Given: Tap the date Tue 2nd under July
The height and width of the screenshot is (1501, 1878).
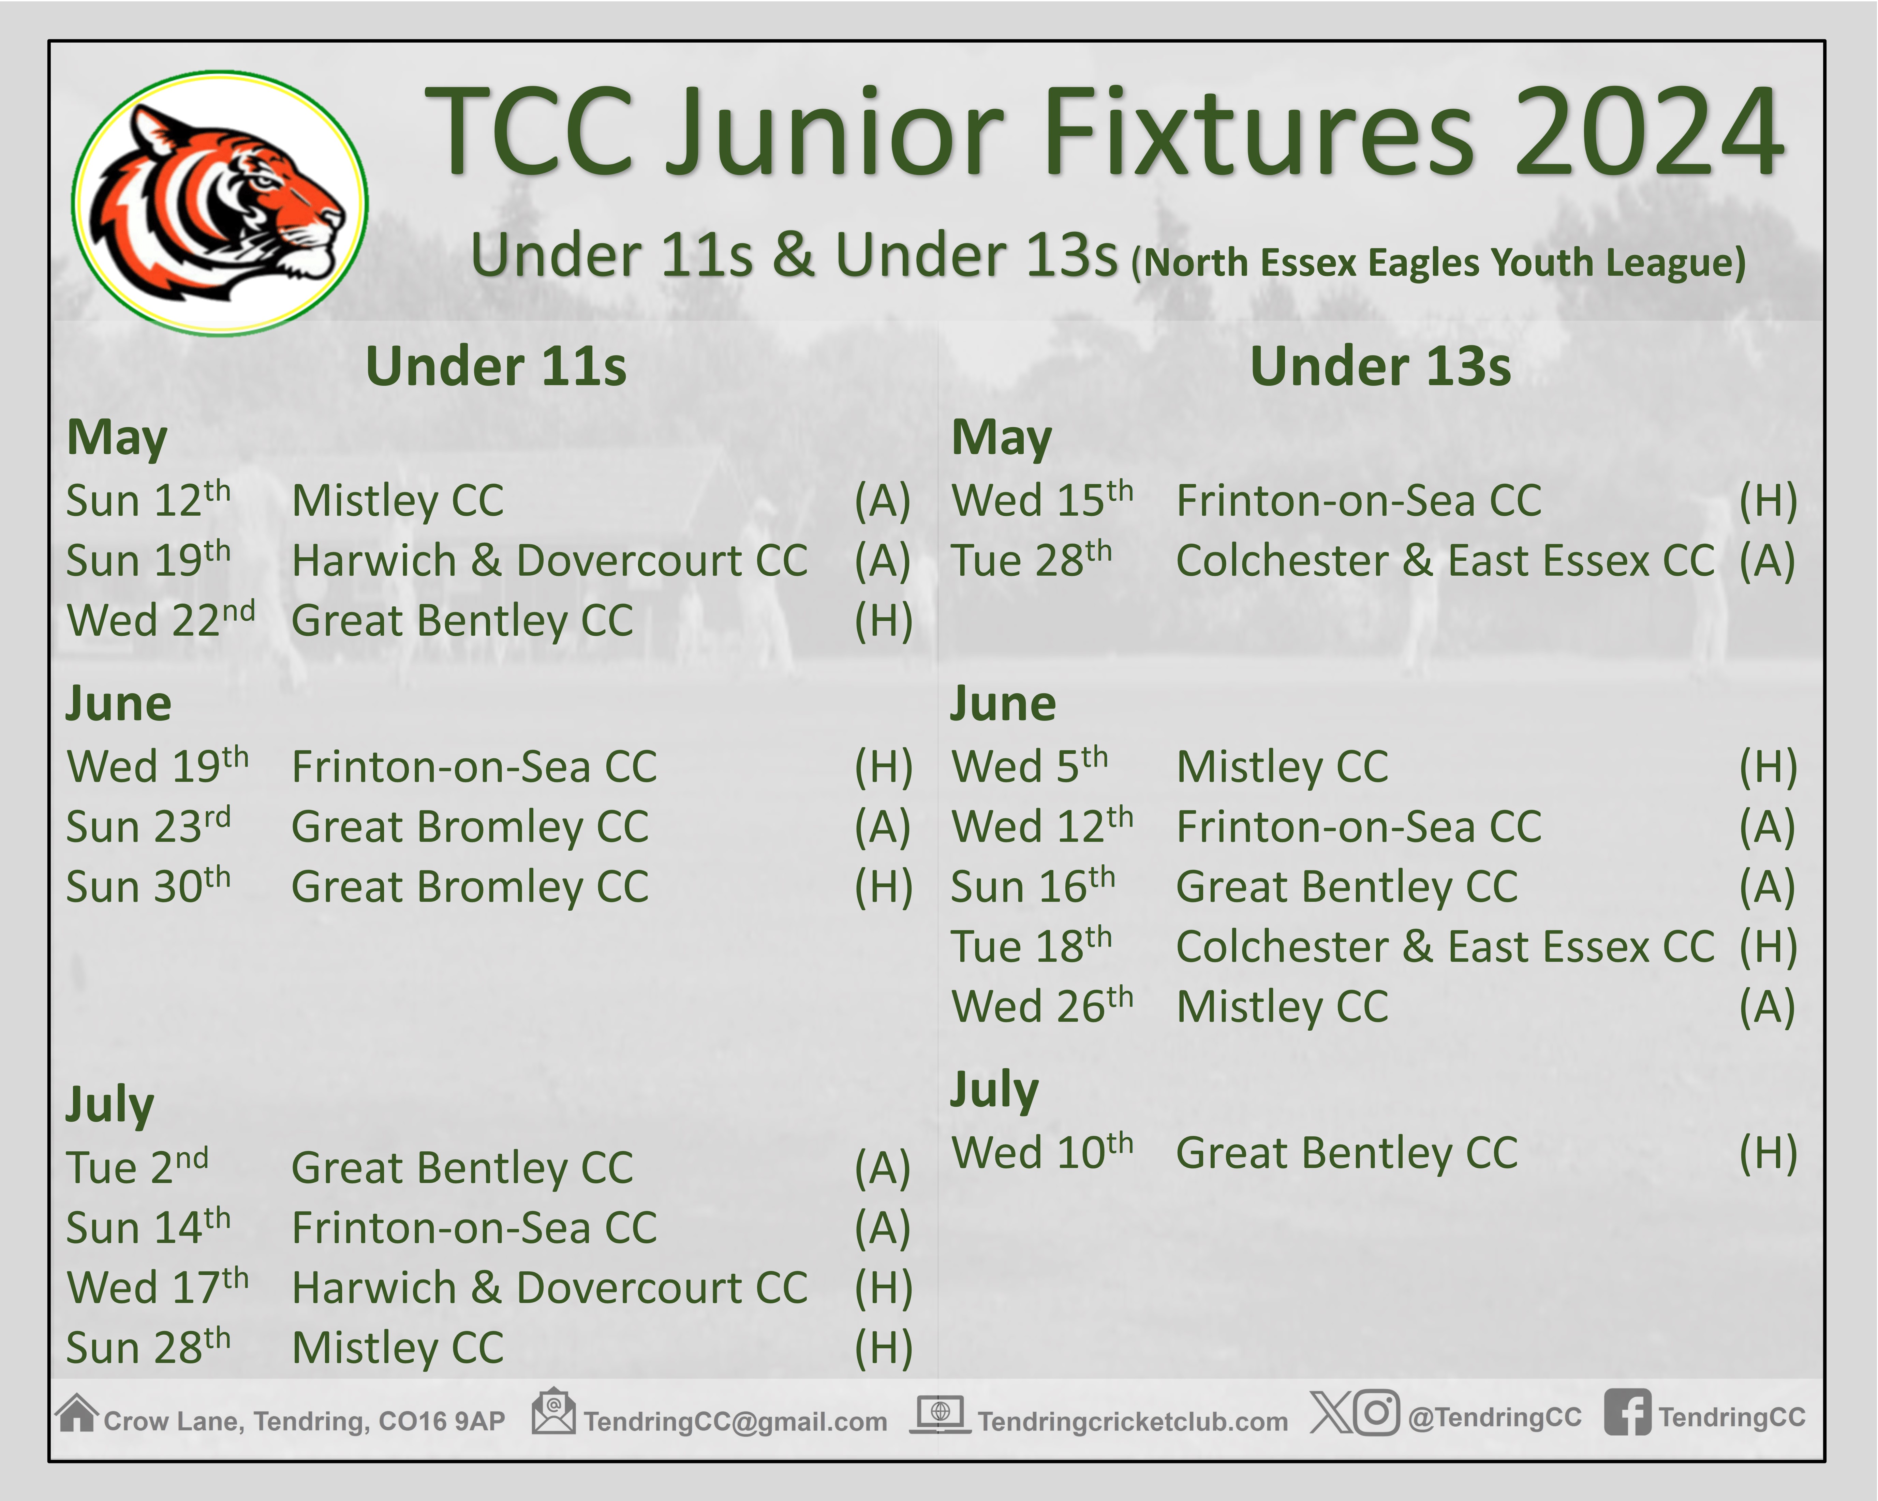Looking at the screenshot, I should pos(138,1168).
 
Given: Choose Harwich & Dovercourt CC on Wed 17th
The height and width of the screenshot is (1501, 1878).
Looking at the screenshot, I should pos(550,1288).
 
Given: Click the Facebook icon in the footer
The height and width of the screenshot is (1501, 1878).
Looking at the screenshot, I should pos(1627,1412).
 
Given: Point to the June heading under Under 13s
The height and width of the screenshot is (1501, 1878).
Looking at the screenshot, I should pos(1003,703).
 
